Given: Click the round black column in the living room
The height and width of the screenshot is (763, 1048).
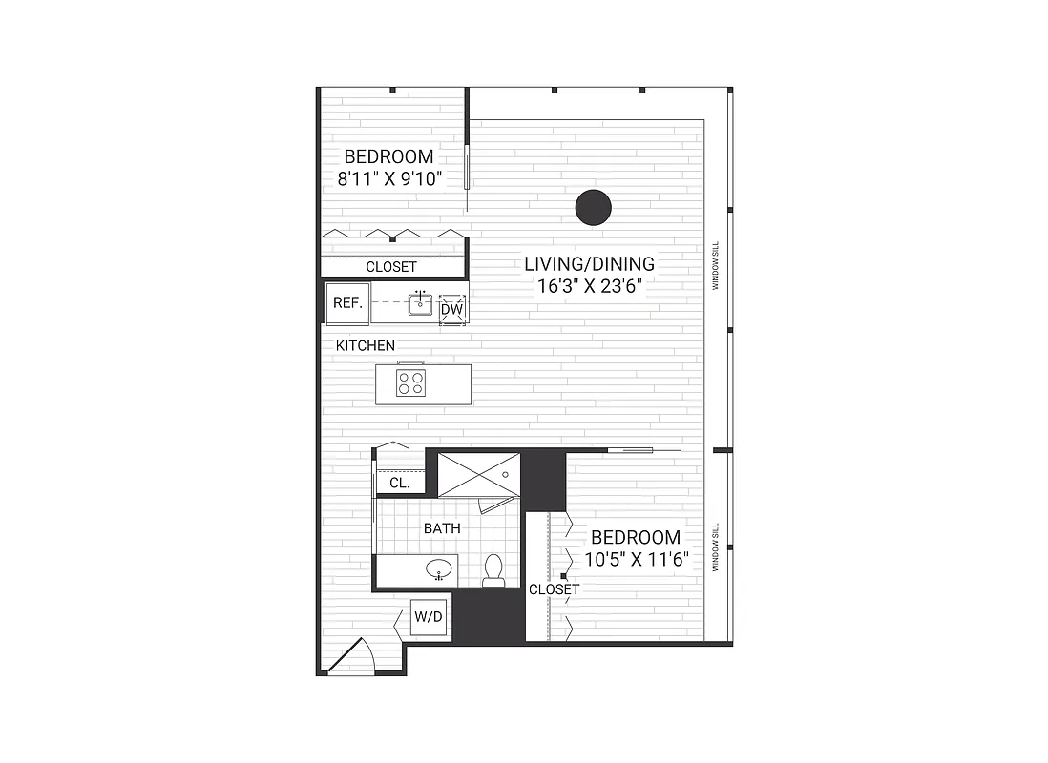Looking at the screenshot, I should pyautogui.click(x=594, y=207).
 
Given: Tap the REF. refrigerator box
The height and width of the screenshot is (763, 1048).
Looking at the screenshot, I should pyautogui.click(x=346, y=303).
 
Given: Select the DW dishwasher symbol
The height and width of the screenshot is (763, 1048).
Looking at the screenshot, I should pyautogui.click(x=452, y=310).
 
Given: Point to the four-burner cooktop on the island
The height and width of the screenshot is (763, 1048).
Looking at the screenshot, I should pyautogui.click(x=411, y=383).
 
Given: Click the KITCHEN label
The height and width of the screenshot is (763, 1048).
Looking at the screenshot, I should pyautogui.click(x=365, y=345).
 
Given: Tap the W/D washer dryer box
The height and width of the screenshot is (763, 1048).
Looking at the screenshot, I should pyautogui.click(x=428, y=617).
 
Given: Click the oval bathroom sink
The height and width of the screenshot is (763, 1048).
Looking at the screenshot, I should pyautogui.click(x=439, y=569).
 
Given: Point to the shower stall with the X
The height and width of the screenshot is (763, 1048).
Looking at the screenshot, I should pyautogui.click(x=479, y=474).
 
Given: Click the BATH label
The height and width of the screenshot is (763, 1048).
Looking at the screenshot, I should pyautogui.click(x=442, y=527).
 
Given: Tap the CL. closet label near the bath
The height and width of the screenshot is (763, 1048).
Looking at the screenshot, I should pyautogui.click(x=399, y=484).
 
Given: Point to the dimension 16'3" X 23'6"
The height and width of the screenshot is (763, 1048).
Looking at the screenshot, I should pyautogui.click(x=583, y=284).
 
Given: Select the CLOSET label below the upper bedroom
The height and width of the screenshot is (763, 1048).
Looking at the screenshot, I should pyautogui.click(x=391, y=267).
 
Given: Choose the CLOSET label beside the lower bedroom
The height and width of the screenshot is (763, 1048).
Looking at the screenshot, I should pyautogui.click(x=554, y=589).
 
